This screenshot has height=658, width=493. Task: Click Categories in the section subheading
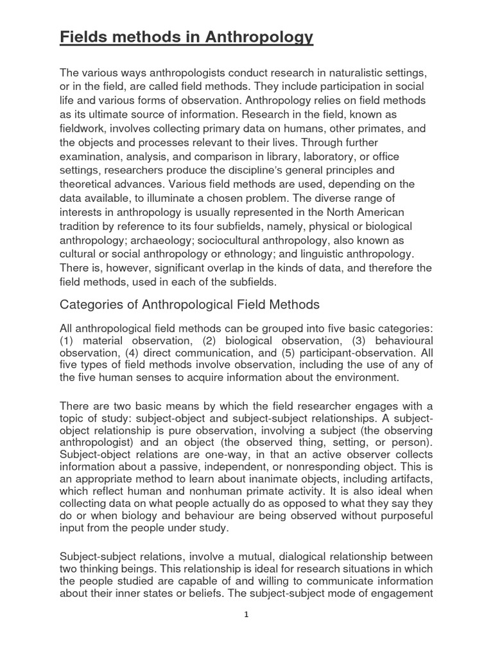click(x=92, y=305)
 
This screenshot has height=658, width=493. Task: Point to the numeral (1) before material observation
click(x=66, y=340)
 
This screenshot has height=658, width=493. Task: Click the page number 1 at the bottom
click(x=246, y=614)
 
